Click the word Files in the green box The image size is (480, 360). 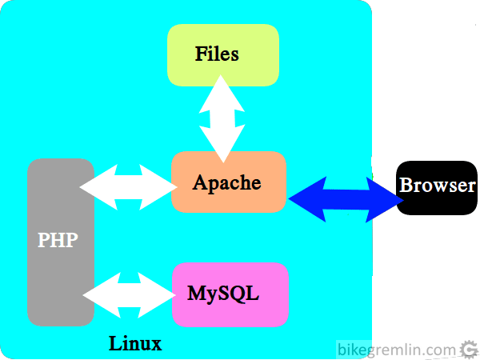(217, 54)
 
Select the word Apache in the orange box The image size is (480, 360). (227, 182)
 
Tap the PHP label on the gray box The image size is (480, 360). (58, 240)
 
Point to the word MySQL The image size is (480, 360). (223, 293)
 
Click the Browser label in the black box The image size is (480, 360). (437, 186)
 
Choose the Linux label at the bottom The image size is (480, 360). (135, 345)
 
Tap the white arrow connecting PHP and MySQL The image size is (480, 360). (129, 294)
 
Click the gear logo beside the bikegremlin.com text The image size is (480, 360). (470, 350)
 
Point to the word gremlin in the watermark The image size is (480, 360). (392, 350)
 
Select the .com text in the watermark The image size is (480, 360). (441, 350)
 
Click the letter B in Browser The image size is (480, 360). (406, 186)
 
